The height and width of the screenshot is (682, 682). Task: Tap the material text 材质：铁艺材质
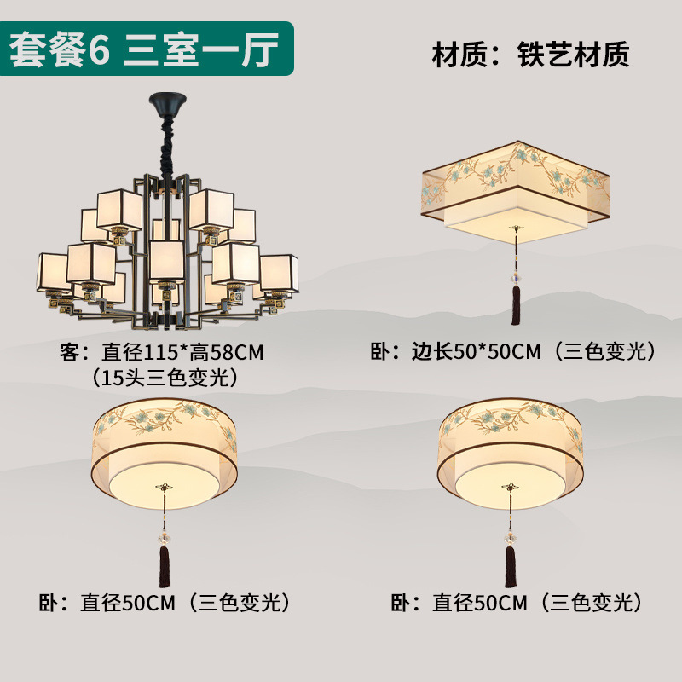530,55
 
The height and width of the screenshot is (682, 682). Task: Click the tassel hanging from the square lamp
515,305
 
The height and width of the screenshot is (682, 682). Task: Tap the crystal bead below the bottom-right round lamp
511,536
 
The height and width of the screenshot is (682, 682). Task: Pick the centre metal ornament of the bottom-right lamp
511,487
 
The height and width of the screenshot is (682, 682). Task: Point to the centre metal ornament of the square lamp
515,228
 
